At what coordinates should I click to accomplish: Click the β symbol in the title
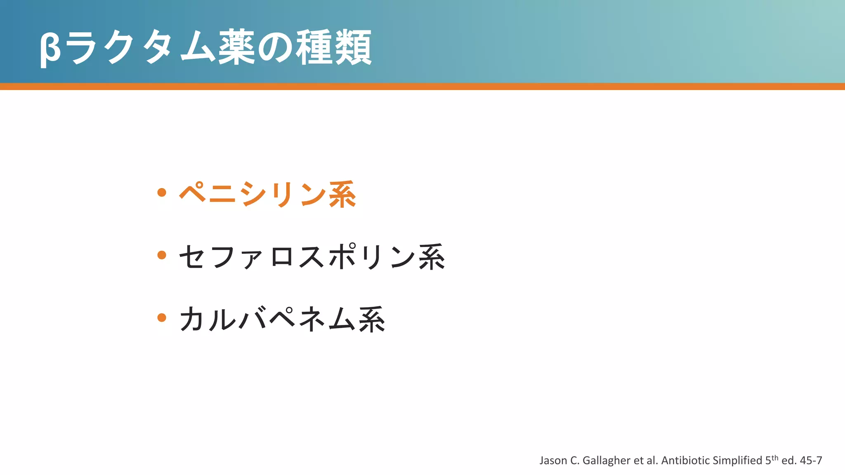tap(50, 49)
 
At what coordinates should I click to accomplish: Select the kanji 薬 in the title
tap(236, 48)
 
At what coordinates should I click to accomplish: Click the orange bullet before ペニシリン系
tap(162, 192)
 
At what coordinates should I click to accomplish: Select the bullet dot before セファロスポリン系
tap(162, 255)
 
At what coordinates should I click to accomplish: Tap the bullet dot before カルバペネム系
tap(162, 317)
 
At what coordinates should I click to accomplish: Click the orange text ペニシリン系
tap(267, 194)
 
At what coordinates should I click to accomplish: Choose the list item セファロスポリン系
tap(312, 257)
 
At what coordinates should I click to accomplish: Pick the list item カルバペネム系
tap(282, 320)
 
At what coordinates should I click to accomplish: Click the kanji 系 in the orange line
tap(342, 194)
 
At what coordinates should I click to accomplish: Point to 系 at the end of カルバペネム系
tap(372, 320)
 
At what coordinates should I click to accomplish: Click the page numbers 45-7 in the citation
tap(811, 461)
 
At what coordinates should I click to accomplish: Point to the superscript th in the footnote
tap(774, 457)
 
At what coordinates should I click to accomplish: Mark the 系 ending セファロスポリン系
tap(432, 257)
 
